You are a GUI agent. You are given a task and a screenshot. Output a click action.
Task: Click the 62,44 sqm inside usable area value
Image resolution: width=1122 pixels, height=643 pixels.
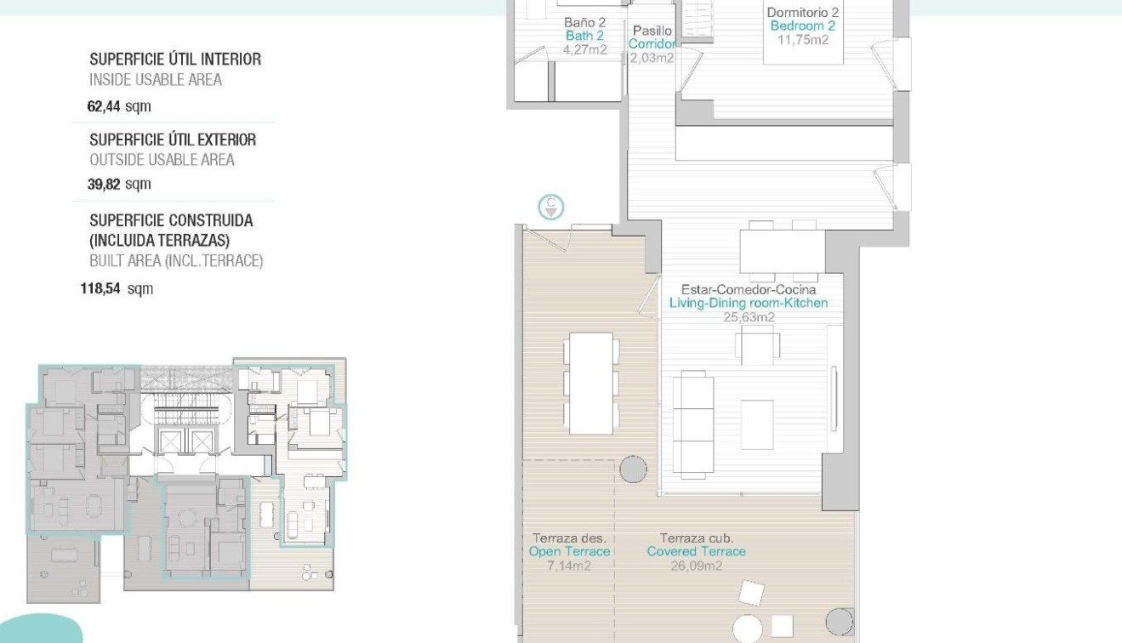pos(119,107)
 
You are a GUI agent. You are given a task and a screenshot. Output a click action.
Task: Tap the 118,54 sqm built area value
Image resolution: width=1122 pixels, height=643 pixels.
pos(117,289)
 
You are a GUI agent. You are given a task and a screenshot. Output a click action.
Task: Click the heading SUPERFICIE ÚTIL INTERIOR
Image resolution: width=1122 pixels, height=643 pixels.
pos(175,60)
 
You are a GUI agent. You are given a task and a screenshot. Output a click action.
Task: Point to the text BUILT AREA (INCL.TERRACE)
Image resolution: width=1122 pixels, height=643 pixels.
pos(176,261)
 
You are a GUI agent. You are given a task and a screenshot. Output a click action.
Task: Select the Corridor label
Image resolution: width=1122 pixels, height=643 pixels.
pos(652,44)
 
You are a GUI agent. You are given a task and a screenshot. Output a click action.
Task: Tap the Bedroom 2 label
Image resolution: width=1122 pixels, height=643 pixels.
pos(803,26)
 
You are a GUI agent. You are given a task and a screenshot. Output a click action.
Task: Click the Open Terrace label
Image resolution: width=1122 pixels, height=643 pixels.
pos(569,551)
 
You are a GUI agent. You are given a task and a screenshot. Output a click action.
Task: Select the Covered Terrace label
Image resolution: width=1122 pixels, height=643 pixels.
pos(696,551)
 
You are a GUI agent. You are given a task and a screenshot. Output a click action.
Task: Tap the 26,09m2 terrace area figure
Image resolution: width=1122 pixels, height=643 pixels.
pos(696,566)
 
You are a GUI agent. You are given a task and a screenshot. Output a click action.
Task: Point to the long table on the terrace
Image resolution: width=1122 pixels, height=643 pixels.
pos(591,378)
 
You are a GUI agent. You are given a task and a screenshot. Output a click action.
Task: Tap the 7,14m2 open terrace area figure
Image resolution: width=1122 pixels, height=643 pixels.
pos(569,566)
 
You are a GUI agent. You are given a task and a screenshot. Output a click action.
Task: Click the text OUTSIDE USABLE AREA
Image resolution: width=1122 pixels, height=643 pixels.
pos(162,160)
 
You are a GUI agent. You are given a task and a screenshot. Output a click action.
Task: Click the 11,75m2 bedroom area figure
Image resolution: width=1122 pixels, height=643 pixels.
pos(803,39)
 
